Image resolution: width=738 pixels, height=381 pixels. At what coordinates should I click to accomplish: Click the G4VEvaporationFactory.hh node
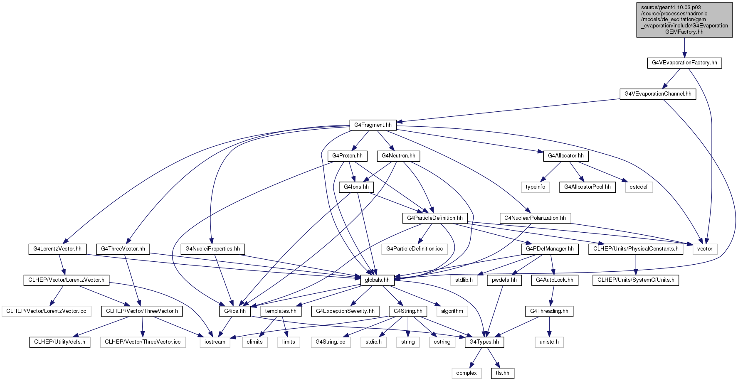(x=684, y=63)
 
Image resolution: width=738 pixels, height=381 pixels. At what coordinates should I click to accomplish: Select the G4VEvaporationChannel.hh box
(x=658, y=94)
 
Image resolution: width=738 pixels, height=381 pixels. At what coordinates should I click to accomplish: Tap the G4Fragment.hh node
(x=373, y=125)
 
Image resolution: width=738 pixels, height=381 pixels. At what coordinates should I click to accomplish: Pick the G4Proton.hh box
(x=348, y=156)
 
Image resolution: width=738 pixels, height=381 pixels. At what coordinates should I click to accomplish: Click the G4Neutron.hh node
(x=399, y=156)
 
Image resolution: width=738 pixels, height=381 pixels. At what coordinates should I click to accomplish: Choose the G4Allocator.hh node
(x=566, y=156)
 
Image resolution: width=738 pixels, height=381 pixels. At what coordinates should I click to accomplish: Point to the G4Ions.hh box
(x=356, y=187)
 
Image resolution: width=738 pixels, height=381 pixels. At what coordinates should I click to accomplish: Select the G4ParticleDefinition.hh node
(x=435, y=218)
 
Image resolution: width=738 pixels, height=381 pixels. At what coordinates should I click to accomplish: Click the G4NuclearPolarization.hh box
(x=535, y=218)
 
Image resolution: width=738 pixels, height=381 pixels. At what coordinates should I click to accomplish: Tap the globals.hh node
(x=377, y=280)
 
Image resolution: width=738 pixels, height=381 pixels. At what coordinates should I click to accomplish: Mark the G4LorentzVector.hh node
(x=57, y=249)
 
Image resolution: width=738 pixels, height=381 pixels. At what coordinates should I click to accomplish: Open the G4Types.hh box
(x=484, y=342)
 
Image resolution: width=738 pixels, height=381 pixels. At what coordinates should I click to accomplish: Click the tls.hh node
(x=503, y=373)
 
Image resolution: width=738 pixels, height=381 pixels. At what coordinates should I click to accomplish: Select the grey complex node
(x=466, y=373)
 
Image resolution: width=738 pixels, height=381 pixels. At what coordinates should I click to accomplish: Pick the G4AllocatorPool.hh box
(x=587, y=187)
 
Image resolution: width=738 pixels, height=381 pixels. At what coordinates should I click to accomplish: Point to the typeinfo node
(x=536, y=187)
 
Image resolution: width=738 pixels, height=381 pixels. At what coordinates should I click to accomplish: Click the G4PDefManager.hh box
(x=550, y=249)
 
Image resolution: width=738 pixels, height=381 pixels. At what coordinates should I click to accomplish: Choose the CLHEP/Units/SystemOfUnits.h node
(x=636, y=280)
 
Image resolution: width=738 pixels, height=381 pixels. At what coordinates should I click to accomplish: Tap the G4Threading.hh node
(x=549, y=311)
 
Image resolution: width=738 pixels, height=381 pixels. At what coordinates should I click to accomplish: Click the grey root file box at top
(x=684, y=20)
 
